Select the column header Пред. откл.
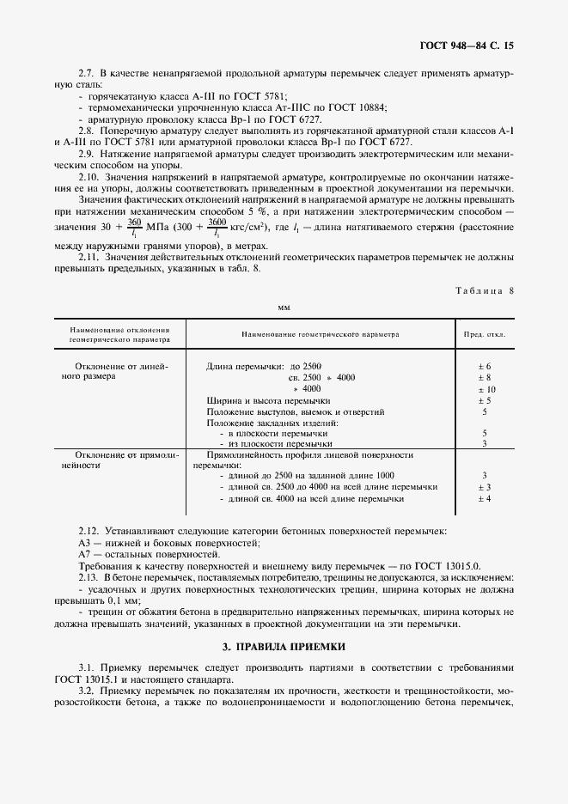coord(485,334)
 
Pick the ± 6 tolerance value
coord(485,367)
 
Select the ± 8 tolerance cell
coord(485,378)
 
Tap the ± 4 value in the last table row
coord(485,498)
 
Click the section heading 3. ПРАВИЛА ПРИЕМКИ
coord(284,645)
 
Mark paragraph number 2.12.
coord(88,533)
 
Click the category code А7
coord(84,556)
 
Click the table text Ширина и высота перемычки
coord(268,400)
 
